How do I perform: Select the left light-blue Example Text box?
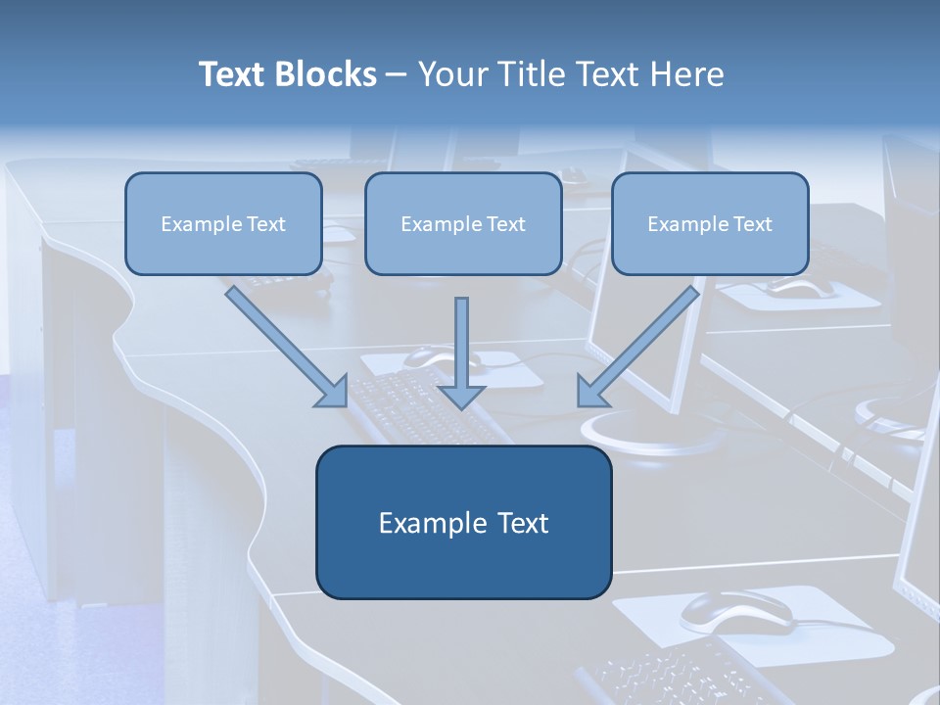(223, 224)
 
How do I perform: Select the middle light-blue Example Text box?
(463, 224)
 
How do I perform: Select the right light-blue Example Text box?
(710, 224)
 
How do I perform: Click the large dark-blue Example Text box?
(463, 523)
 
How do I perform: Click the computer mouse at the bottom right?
(736, 612)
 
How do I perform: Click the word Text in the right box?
(752, 224)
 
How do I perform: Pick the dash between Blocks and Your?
(396, 74)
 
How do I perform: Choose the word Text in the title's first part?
(233, 74)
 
